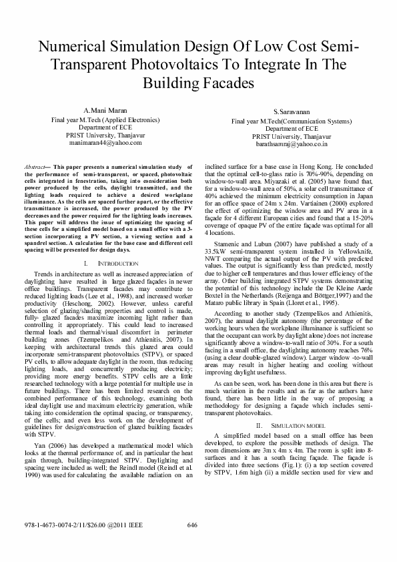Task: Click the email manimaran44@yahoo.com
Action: click(105, 142)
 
